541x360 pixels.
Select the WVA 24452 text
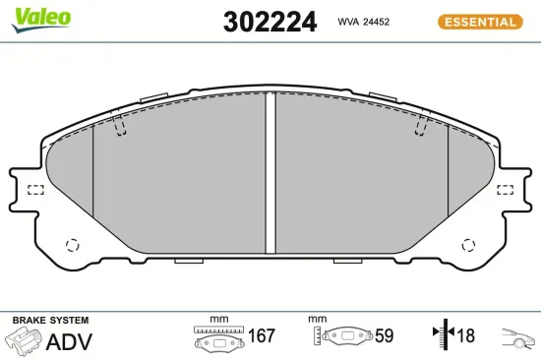tap(365, 21)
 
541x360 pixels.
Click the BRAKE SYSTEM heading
tap(50, 321)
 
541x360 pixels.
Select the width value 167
tap(261, 336)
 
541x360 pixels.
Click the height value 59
tap(384, 336)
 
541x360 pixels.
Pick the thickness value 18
tap(465, 336)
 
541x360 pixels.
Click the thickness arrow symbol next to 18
tap(442, 336)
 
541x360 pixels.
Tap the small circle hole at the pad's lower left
tap(71, 246)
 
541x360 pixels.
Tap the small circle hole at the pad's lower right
tap(469, 246)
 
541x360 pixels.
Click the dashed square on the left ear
tap(35, 189)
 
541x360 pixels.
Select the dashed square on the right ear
tap(506, 189)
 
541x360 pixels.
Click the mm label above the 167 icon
tap(218, 320)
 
